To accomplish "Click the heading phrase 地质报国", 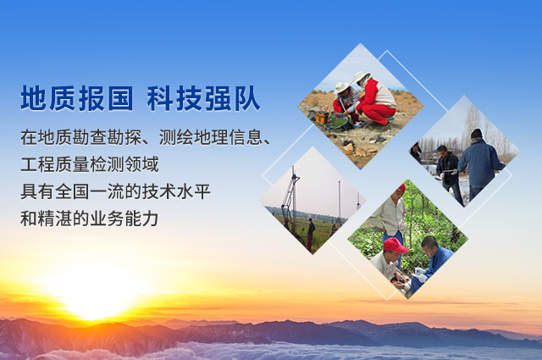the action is (77, 98).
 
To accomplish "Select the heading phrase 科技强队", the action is (203, 98).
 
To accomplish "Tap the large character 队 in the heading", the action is (246, 98).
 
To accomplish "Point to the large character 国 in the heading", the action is (120, 98).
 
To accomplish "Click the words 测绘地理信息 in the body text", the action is (211, 137).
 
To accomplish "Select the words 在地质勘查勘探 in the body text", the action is (81, 137).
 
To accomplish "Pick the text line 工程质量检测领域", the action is (90, 164).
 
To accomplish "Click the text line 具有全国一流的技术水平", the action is (115, 191).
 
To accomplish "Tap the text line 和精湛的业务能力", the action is (90, 219).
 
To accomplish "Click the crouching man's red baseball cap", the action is (395, 245).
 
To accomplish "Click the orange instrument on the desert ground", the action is (322, 117).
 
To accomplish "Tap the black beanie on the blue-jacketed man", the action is (477, 134).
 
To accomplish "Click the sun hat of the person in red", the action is (361, 77).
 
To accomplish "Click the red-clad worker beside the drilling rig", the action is (310, 234).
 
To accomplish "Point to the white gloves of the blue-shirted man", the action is (420, 275).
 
